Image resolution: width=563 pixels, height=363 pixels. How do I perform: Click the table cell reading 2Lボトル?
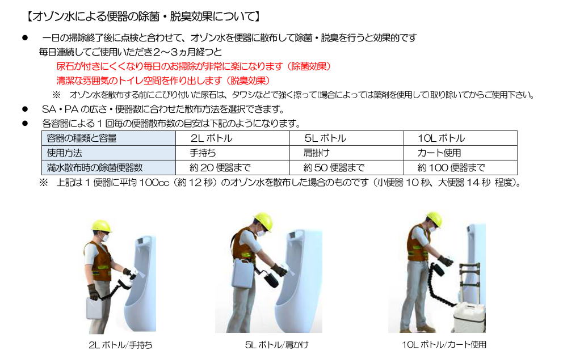[212, 138]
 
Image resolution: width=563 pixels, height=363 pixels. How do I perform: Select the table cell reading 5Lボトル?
[325, 138]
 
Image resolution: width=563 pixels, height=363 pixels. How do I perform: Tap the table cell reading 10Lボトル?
[441, 138]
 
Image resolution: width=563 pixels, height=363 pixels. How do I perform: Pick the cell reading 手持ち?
[203, 153]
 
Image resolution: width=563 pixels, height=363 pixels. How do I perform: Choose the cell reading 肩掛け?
[317, 153]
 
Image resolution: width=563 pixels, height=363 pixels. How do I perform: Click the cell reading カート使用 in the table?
[439, 153]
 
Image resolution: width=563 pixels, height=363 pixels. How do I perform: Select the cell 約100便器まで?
[451, 168]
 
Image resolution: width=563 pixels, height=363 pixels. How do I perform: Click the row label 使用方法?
[64, 153]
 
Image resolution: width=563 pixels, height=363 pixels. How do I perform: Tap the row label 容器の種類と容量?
[82, 138]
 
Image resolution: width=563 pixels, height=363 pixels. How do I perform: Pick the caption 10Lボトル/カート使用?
[444, 344]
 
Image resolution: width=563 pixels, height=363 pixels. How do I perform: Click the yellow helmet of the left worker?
[102, 225]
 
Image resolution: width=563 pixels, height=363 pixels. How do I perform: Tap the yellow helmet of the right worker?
[434, 220]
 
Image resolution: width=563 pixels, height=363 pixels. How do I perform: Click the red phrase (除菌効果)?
[308, 66]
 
